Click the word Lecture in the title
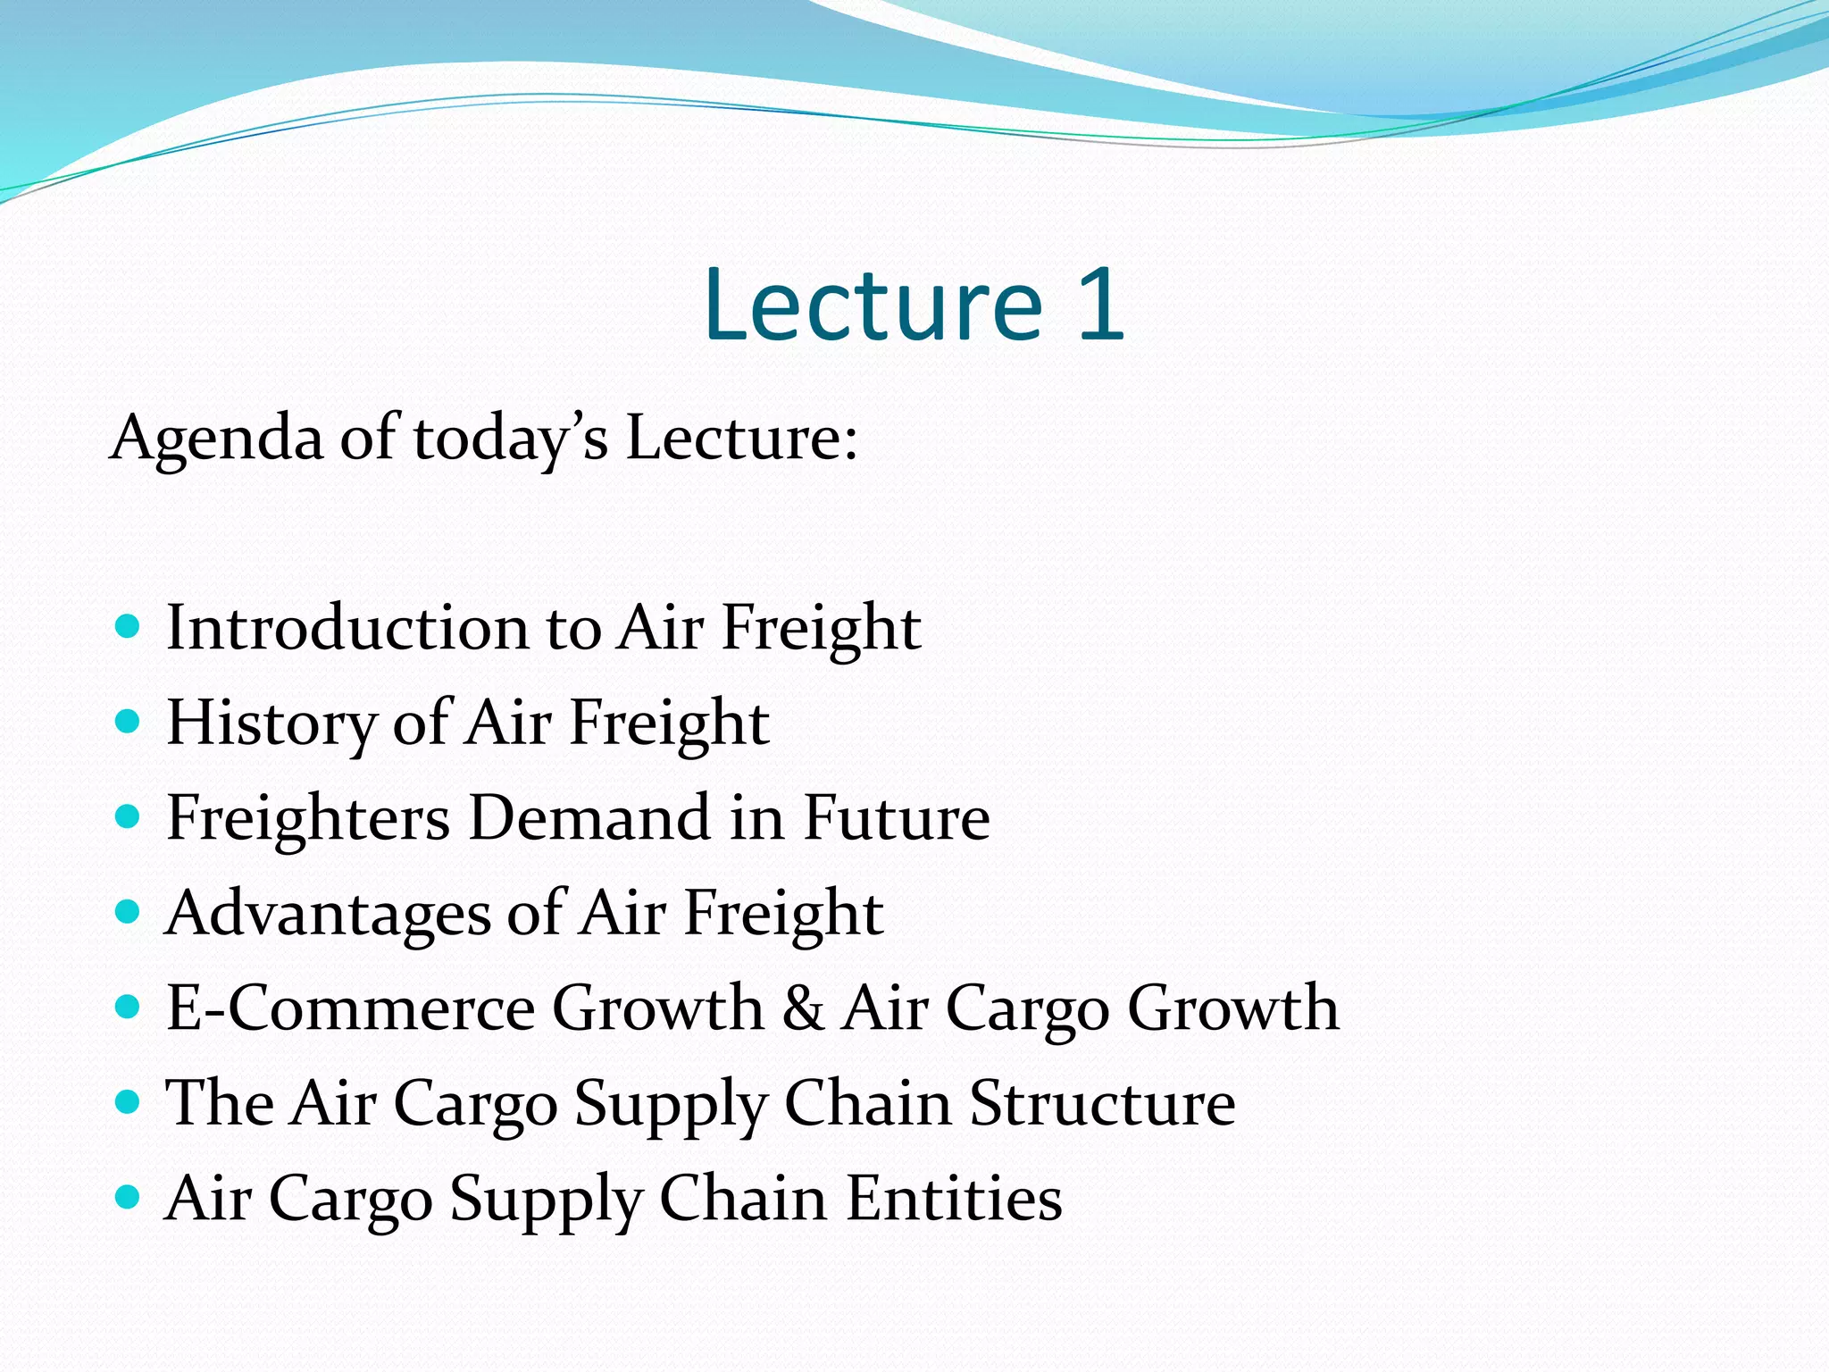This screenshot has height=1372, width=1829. point(873,305)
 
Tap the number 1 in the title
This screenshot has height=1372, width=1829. point(1100,305)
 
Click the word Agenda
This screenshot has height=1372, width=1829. point(216,439)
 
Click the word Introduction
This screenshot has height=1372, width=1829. point(347,627)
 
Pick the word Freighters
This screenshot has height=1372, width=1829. point(308,818)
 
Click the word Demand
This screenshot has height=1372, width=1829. point(589,818)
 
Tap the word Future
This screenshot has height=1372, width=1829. point(897,818)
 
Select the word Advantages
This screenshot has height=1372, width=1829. point(328,914)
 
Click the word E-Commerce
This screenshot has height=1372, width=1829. point(350,1008)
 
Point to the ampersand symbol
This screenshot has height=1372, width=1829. point(803,1008)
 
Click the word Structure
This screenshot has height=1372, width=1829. point(1103,1103)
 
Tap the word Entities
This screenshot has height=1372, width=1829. point(955,1198)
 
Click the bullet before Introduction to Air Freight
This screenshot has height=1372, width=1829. point(129,625)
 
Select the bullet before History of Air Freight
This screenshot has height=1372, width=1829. point(129,721)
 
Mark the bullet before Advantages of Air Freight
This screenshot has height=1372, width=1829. point(129,911)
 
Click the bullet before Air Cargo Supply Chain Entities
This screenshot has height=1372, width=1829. point(129,1196)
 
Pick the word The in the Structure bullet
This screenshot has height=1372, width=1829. point(220,1103)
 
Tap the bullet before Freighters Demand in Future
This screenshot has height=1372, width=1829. point(129,816)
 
